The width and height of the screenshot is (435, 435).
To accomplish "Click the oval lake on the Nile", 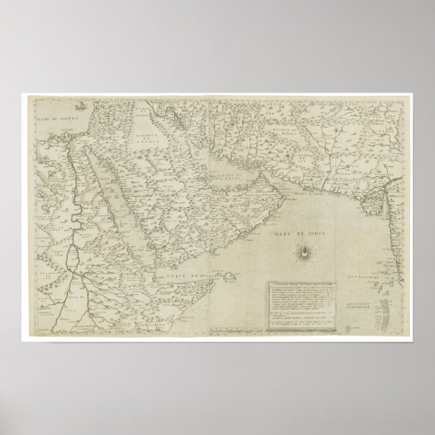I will coord(73,257).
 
